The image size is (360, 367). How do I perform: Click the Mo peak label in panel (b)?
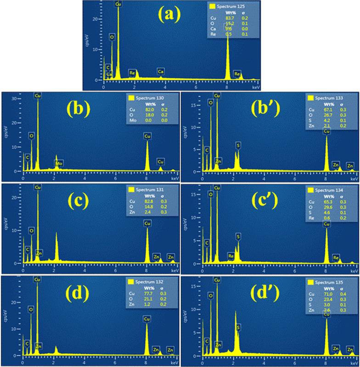pyautogui.click(x=59, y=163)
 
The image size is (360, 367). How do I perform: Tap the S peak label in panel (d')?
pyautogui.click(x=238, y=328)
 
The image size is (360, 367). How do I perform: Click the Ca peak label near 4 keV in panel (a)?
pyautogui.click(x=161, y=72)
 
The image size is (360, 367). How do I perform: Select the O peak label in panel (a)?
pyautogui.click(x=112, y=36)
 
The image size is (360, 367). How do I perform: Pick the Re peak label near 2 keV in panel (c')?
pyautogui.click(x=231, y=256)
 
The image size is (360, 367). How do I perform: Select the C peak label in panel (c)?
pyautogui.click(x=28, y=249)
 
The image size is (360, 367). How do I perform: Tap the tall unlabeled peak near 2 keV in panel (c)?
pyautogui.click(x=56, y=236)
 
